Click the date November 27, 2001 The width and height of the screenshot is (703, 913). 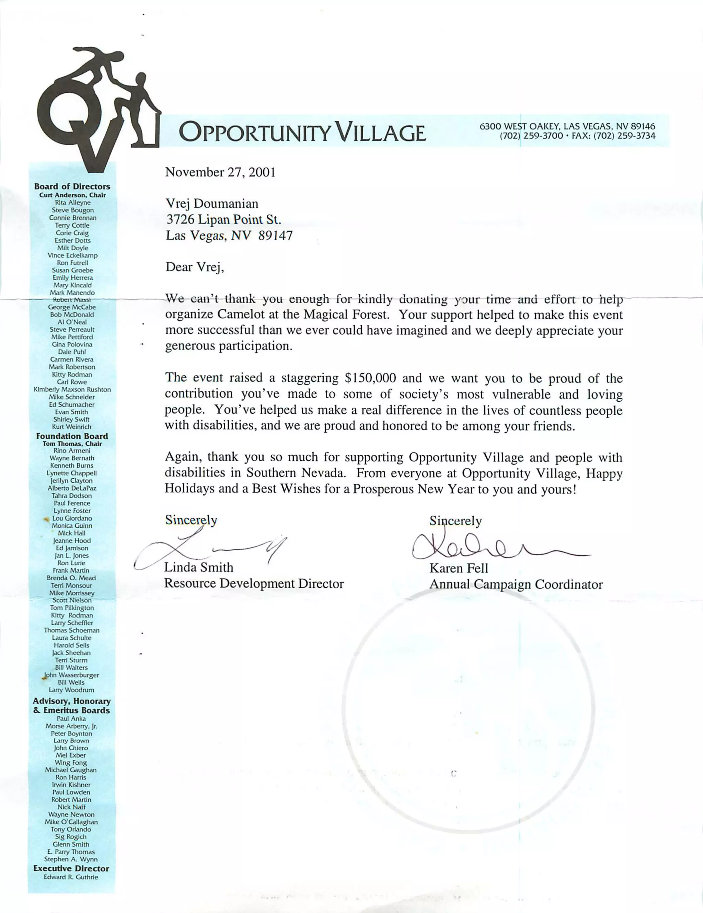[220, 172]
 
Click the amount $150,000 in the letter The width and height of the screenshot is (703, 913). [370, 378]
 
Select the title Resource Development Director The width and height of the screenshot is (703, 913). [254, 584]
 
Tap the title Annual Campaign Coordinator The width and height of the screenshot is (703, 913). [516, 584]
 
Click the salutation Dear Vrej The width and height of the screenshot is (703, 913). [195, 267]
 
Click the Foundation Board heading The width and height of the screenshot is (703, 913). [72, 436]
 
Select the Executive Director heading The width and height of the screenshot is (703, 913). [71, 868]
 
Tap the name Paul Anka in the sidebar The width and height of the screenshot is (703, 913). [71, 719]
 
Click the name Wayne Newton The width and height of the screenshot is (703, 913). [71, 814]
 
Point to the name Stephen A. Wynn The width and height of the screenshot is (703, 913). [71, 859]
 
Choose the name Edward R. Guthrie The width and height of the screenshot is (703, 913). [71, 877]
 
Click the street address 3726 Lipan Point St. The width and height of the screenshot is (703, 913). [223, 219]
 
